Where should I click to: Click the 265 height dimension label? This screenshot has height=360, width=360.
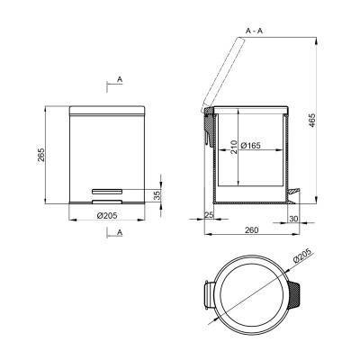click(41, 155)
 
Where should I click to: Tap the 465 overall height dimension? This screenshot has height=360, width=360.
click(312, 120)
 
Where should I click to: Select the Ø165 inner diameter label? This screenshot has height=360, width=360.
click(250, 146)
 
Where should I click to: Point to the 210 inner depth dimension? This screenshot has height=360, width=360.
click(234, 148)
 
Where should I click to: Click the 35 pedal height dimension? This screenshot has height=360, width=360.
click(157, 195)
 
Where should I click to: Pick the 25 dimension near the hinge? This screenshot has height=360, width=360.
click(209, 214)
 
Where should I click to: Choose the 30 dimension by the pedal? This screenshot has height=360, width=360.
click(294, 219)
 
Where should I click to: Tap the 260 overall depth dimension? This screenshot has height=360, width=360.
click(251, 230)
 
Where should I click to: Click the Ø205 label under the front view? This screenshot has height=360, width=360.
click(107, 215)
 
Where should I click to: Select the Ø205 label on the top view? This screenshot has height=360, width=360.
click(302, 256)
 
